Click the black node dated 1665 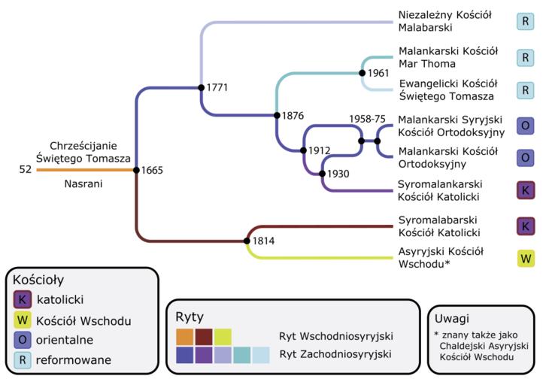(x=136, y=170)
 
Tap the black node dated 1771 (x=201, y=87)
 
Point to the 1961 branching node (x=362, y=73)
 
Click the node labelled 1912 (x=303, y=150)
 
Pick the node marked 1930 (x=322, y=174)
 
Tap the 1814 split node (x=247, y=241)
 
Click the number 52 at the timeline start (x=26, y=170)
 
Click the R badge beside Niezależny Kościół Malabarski (x=526, y=21)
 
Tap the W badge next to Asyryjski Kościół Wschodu (x=526, y=259)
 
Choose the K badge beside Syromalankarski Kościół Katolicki (x=526, y=190)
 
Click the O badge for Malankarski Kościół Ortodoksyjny (x=526, y=158)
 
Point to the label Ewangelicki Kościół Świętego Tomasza (x=448, y=89)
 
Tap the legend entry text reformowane (x=74, y=359)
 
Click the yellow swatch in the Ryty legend (x=223, y=336)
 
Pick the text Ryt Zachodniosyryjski (x=336, y=353)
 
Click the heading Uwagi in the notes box (x=452, y=318)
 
